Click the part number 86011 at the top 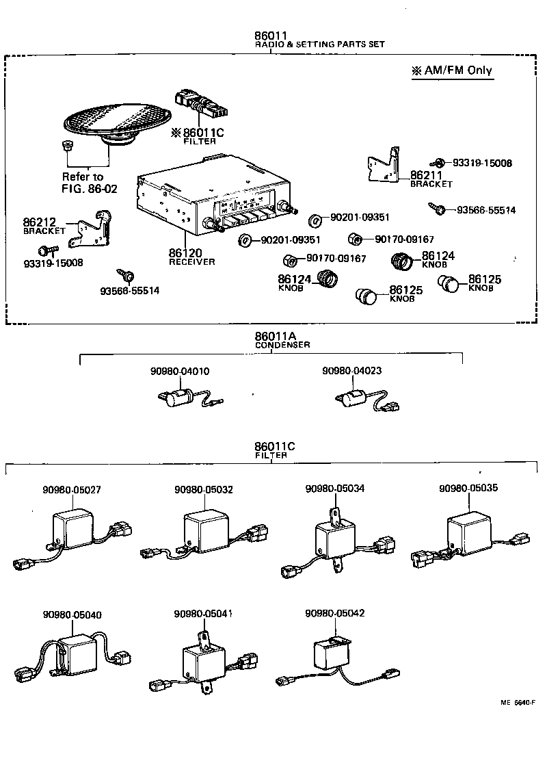[x=269, y=35]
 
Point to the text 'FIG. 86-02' [x=90, y=188]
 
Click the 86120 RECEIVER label [x=191, y=257]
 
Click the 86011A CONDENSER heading [x=282, y=340]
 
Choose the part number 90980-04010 [x=180, y=372]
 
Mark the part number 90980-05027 [x=72, y=490]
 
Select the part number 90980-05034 [x=335, y=489]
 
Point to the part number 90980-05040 [x=72, y=614]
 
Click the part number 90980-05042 [x=335, y=613]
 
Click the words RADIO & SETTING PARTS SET [x=319, y=44]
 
